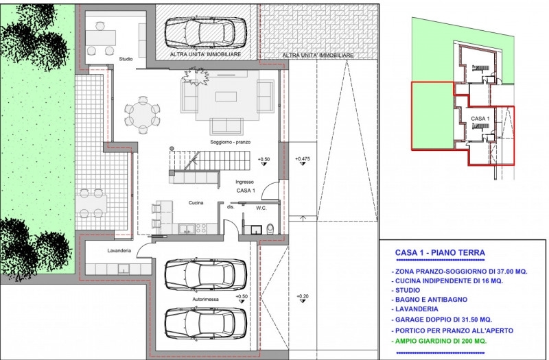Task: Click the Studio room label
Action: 126,59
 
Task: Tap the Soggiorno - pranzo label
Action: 231,142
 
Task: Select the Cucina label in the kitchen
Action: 196,202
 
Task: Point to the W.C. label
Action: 261,208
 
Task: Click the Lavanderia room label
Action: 119,250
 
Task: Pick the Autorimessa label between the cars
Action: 205,299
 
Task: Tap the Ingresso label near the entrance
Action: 245,182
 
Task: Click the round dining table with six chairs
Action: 143,115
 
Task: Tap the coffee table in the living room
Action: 226,97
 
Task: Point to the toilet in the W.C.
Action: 270,229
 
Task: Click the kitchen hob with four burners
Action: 201,228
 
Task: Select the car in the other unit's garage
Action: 205,33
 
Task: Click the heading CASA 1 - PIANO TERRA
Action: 440,252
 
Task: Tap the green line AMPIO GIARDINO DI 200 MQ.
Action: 441,341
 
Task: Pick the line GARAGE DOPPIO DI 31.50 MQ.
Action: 442,320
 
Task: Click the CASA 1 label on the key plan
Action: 480,119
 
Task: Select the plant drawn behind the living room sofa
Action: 196,76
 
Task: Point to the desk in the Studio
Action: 101,38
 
